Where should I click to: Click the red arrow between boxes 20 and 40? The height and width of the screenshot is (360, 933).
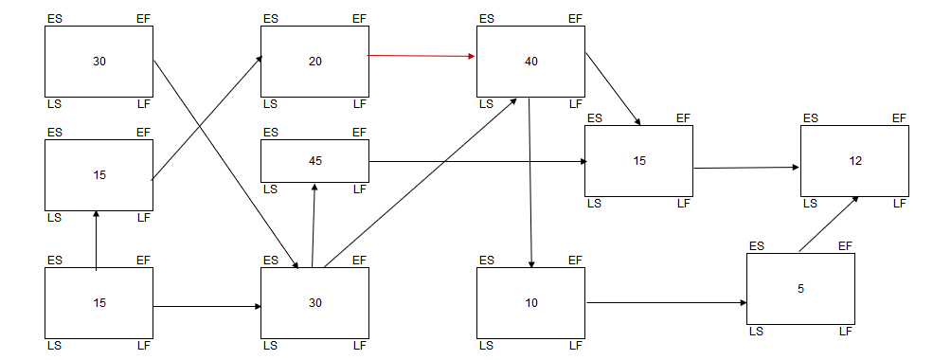(422, 57)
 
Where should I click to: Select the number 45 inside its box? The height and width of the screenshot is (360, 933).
(315, 161)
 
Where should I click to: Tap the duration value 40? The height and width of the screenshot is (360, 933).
(530, 62)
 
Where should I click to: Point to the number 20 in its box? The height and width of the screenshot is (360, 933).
(315, 62)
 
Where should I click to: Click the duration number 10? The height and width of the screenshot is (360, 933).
(530, 303)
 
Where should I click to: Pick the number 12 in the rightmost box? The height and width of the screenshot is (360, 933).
(855, 161)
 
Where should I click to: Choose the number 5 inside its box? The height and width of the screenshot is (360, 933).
(800, 289)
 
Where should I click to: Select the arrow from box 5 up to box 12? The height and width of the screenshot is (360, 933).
(829, 224)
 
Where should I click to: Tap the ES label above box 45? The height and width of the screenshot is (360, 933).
(271, 133)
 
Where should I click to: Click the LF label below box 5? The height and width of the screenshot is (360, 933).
(845, 331)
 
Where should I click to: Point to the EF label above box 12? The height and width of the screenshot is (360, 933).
(899, 118)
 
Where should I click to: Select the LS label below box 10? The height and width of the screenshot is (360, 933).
(487, 345)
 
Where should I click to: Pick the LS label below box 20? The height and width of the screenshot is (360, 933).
(271, 103)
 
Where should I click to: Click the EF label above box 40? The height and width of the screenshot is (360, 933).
(575, 19)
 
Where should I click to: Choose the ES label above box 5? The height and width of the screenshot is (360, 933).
(757, 246)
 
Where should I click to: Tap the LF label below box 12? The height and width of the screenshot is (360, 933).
(899, 203)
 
